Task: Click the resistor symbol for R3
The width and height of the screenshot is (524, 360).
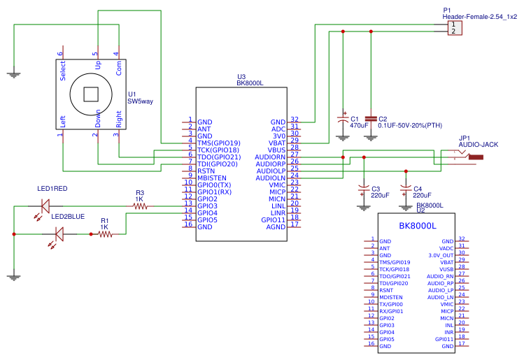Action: coord(139,206)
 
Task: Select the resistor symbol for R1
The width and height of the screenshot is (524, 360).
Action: coord(105,235)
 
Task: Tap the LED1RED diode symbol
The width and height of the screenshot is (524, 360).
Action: coord(45,206)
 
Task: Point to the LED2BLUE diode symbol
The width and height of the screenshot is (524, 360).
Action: coord(58,235)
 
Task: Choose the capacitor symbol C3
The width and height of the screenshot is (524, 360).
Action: coord(363,188)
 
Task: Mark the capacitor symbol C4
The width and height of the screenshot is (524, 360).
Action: coord(404,188)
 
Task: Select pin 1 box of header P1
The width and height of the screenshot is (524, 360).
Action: coord(453,24)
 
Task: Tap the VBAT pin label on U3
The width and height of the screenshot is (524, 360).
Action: coord(277,143)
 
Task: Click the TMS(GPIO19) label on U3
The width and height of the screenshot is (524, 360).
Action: coord(218,143)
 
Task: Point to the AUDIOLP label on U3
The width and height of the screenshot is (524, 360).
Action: coord(271,171)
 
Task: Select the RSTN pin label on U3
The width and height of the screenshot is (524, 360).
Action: coord(206,171)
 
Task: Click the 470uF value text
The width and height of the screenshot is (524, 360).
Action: coord(359,126)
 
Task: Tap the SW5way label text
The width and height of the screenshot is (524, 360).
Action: coord(139,101)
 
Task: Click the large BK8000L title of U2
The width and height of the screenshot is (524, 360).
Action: coord(417,226)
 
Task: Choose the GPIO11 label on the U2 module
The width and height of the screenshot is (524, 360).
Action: coord(444,339)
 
